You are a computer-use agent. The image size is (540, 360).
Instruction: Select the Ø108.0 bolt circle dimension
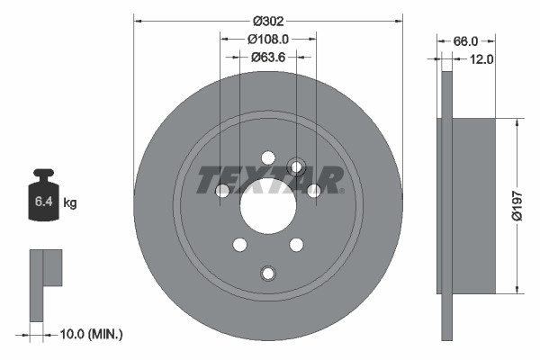point(268,39)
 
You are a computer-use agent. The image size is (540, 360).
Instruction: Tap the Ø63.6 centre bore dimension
point(268,57)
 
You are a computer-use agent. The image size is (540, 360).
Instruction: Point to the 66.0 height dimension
point(464,41)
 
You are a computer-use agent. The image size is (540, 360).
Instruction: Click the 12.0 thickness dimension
point(481,59)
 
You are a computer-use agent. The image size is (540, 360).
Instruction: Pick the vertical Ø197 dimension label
point(516,205)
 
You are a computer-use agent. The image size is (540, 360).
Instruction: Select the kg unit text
point(70,203)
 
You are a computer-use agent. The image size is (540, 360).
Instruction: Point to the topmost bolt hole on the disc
point(268,157)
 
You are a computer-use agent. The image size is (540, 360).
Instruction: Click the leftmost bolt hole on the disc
point(222,190)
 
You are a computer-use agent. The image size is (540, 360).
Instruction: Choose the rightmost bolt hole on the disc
point(314,190)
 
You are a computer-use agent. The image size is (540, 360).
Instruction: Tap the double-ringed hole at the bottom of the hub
point(268,274)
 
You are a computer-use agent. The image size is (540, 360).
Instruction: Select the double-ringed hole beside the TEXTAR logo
point(296,166)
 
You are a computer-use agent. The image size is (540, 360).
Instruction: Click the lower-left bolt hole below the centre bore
point(239,244)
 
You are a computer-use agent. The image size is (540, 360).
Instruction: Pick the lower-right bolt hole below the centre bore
point(296,244)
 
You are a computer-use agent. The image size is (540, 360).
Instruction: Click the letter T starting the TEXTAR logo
point(204,180)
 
